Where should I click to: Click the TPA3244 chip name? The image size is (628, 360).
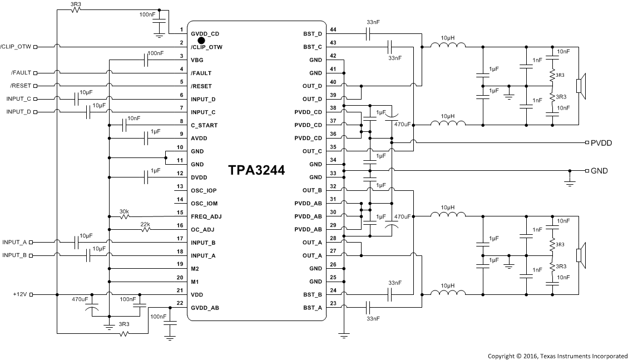256,171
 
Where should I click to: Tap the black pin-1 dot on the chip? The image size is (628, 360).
202,40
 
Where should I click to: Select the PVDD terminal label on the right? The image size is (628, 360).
601,143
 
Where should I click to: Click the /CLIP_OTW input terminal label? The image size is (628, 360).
16,47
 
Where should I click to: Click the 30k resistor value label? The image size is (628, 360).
125,211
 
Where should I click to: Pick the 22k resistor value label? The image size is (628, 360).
145,224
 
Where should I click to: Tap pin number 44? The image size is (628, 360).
333,29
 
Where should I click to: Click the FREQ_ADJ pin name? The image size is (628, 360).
206,216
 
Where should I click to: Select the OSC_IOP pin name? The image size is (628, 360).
204,190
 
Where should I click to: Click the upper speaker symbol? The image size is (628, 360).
580,86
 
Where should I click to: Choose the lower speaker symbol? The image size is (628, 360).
580,255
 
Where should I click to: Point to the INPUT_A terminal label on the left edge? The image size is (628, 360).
14,242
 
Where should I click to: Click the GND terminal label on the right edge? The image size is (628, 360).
599,171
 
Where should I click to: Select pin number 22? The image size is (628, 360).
180,303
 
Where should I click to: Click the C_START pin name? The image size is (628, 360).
204,125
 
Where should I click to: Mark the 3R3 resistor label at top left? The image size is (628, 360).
76,4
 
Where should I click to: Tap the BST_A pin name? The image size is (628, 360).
312,308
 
